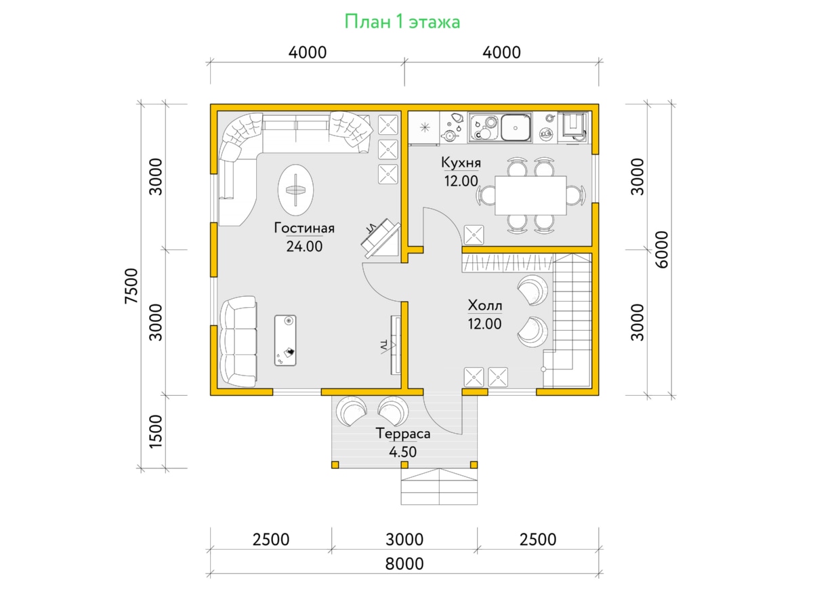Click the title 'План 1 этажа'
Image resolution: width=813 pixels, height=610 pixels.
tap(402, 22)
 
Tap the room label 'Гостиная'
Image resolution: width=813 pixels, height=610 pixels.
tap(304, 228)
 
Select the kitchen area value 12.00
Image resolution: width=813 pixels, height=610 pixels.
tap(461, 181)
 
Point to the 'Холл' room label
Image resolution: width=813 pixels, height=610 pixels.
tap(485, 306)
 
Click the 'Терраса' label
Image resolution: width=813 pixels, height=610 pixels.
tap(403, 433)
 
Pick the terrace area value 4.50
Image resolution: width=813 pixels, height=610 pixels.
tap(402, 452)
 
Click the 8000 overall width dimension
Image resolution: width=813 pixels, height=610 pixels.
tap(404, 564)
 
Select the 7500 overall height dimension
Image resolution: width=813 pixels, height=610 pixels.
tap(131, 286)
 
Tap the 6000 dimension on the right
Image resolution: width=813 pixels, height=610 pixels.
tap(661, 249)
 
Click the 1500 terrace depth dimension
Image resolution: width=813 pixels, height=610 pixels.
tap(156, 432)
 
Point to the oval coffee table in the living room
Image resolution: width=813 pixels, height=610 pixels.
tap(295, 190)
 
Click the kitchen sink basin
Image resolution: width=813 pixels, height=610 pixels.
tap(515, 127)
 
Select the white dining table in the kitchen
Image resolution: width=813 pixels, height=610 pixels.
tap(530, 196)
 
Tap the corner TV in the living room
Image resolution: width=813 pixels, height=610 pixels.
tap(381, 238)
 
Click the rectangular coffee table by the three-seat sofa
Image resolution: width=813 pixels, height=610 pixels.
tap(285, 340)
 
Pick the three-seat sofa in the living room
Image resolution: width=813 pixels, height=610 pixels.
tap(238, 342)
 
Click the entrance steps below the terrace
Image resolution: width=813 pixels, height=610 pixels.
tap(439, 487)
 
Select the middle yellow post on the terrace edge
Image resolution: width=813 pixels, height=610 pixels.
tap(404, 465)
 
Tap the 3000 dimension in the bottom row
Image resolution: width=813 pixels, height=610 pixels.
tap(404, 540)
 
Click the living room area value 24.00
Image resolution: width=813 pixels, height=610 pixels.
tap(304, 246)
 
